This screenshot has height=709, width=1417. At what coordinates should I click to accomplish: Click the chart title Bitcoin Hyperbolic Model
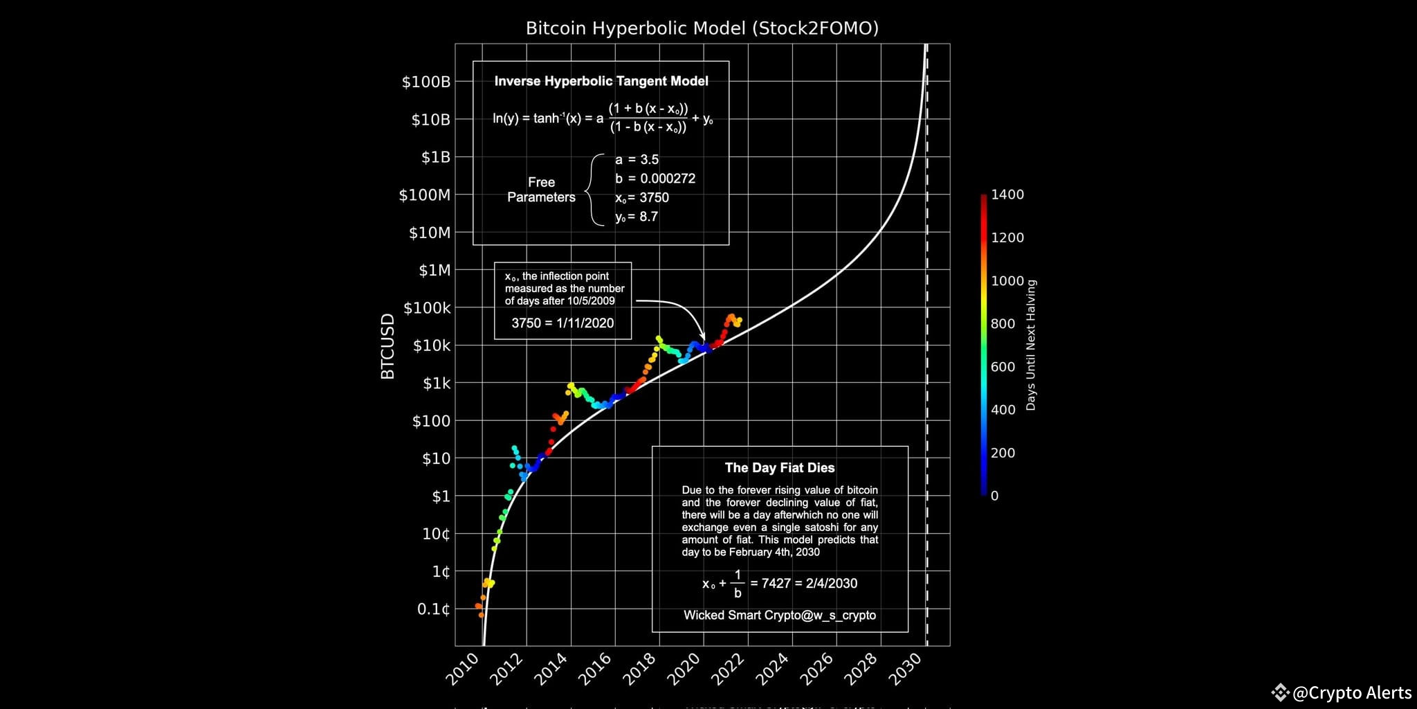[x=702, y=28]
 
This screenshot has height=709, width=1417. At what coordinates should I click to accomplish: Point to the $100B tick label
[x=426, y=82]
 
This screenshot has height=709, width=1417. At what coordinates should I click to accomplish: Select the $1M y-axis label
[x=434, y=270]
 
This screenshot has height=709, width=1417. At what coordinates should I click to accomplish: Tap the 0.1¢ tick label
[x=433, y=609]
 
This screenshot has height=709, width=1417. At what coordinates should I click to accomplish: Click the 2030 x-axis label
[x=906, y=669]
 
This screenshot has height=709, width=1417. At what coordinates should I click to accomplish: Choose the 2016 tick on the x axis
[x=596, y=669]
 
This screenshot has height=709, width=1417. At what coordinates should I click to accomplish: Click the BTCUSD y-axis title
[x=387, y=345]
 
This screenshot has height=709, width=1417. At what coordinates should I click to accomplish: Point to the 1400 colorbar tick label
[x=1007, y=195]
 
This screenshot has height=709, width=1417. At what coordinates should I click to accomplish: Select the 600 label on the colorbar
[x=1003, y=367]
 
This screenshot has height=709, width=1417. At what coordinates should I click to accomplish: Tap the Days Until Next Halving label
[x=1031, y=345]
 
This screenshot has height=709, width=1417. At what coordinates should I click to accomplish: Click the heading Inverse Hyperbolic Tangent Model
[x=601, y=81]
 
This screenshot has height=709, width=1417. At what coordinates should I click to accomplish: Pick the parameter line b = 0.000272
[x=655, y=179]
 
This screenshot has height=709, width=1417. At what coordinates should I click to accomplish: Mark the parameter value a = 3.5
[x=637, y=160]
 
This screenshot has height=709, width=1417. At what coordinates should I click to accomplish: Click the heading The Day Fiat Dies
[x=780, y=468]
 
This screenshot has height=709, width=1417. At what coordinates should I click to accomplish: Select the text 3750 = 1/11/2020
[x=563, y=323]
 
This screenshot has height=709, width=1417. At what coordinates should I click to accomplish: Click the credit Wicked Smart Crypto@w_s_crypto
[x=780, y=616]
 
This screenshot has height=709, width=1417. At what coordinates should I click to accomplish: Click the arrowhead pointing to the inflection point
[x=702, y=336]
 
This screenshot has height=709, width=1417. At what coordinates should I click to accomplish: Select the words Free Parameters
[x=541, y=190]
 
